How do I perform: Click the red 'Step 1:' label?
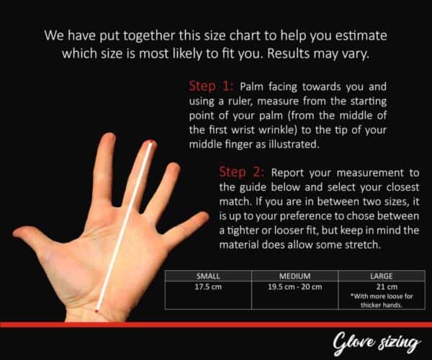[x=211, y=86]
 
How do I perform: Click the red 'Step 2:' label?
[x=242, y=172]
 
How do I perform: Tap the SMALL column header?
[x=208, y=276]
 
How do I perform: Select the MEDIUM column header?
[x=294, y=276]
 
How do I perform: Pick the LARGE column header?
[x=382, y=276]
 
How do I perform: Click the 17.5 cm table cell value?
[x=208, y=287]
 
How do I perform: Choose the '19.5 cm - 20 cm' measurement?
[x=294, y=287]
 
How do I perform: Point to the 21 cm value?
[x=387, y=287]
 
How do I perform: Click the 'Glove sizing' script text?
[x=377, y=343]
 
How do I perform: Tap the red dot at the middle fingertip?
[x=151, y=142]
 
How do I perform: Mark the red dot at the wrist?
[x=96, y=311]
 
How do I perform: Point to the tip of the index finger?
[x=109, y=135]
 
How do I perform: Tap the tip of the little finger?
[x=206, y=215]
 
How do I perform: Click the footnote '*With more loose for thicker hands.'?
[x=382, y=300]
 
